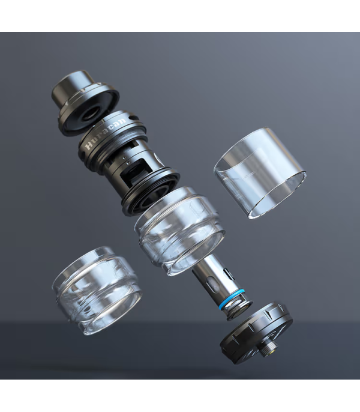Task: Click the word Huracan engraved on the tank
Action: (105, 133)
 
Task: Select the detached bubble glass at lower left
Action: (97, 290)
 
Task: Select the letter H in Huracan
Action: (89, 145)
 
